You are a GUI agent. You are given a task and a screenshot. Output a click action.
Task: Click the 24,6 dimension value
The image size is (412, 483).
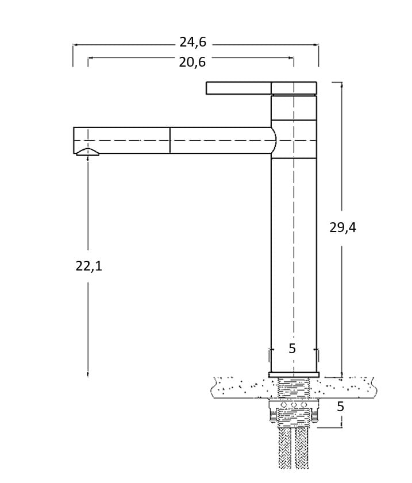tap(193, 42)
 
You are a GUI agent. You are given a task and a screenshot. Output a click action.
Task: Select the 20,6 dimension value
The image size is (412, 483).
tap(192, 63)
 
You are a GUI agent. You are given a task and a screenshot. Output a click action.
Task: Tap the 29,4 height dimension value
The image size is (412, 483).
tap(342, 227)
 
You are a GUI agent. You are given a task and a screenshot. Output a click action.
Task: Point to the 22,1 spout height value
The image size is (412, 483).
tap(88, 266)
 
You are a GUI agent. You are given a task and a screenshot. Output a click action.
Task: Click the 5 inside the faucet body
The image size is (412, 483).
tap(292, 349)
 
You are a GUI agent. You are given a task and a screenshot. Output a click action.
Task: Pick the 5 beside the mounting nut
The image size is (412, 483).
tap(340, 407)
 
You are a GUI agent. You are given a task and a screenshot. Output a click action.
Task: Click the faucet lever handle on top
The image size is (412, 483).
tap(261, 88)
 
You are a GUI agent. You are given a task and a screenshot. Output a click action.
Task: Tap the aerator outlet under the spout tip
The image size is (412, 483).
tap(88, 152)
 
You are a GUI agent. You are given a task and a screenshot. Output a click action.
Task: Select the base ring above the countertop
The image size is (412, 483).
tap(294, 374)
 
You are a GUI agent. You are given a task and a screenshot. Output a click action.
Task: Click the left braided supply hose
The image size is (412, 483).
tap(285, 449)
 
